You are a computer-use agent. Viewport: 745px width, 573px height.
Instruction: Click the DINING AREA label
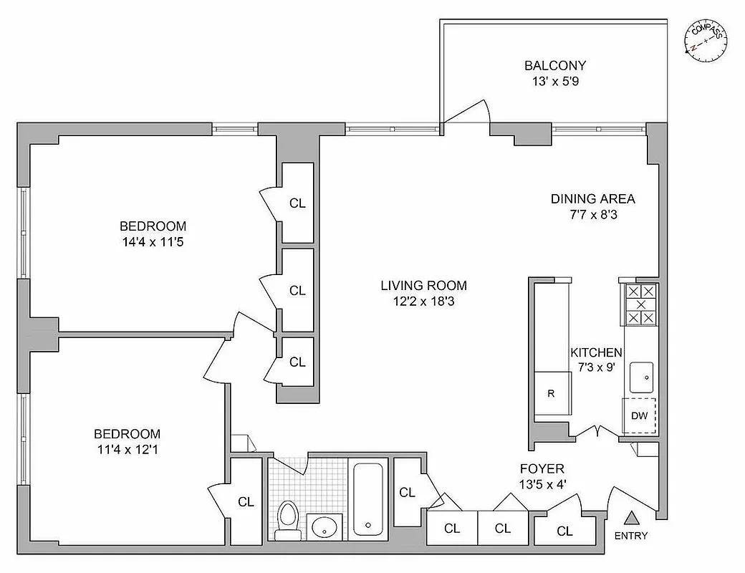click(592, 199)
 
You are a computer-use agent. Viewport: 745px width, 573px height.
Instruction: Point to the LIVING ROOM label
click(418, 286)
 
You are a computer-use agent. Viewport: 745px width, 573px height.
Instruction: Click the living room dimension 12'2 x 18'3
click(418, 302)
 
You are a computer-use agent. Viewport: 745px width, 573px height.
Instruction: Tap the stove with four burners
click(640, 304)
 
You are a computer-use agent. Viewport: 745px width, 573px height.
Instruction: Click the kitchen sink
click(640, 373)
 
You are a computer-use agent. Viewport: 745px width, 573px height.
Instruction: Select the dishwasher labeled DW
click(640, 415)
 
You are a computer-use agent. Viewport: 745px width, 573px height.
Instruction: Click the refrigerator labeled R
click(551, 393)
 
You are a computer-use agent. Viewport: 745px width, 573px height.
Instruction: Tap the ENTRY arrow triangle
click(630, 518)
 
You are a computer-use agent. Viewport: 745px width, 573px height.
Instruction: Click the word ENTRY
click(630, 536)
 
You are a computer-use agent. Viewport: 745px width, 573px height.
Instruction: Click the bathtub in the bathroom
click(369, 499)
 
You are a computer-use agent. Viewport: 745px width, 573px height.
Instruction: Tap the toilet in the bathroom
click(288, 519)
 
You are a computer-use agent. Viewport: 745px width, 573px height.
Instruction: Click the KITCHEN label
click(596, 352)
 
